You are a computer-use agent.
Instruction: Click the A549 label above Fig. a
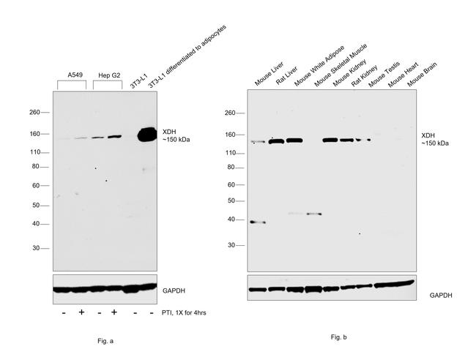point(74,75)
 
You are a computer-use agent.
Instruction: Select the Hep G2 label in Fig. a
point(107,75)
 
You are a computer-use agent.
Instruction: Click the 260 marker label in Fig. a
point(34,113)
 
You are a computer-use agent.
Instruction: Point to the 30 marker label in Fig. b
point(231,245)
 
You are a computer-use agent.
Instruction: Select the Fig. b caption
point(338,337)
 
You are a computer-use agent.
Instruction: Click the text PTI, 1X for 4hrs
point(187,312)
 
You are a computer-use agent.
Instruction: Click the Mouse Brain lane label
point(423,75)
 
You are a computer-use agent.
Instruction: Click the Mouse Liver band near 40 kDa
point(257,222)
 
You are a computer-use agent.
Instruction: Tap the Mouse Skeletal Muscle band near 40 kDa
point(314,214)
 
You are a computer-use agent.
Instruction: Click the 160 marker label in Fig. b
point(230,135)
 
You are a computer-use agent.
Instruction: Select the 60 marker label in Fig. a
point(35,186)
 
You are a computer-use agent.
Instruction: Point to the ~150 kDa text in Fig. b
point(436,143)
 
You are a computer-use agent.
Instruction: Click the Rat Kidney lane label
point(364,76)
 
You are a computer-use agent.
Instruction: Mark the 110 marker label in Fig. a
point(34,152)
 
